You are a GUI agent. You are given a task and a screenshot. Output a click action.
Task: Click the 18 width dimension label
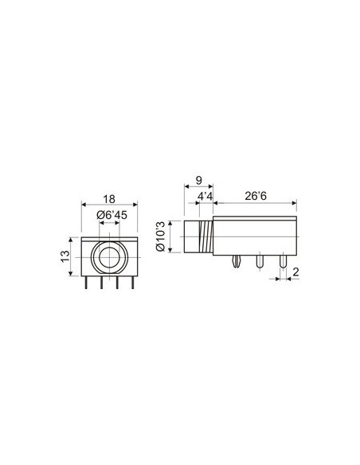[110, 200]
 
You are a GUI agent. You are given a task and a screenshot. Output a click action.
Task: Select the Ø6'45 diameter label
[109, 215]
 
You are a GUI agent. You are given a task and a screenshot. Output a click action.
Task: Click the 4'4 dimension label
[205, 196]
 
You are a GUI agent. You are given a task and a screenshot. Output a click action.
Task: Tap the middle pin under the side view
[260, 262]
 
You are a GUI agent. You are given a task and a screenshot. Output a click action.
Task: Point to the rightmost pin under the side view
[282, 262]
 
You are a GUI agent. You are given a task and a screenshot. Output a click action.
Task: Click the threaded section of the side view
[207, 236]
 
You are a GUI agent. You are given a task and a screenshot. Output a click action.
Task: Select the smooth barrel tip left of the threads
[191, 236]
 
